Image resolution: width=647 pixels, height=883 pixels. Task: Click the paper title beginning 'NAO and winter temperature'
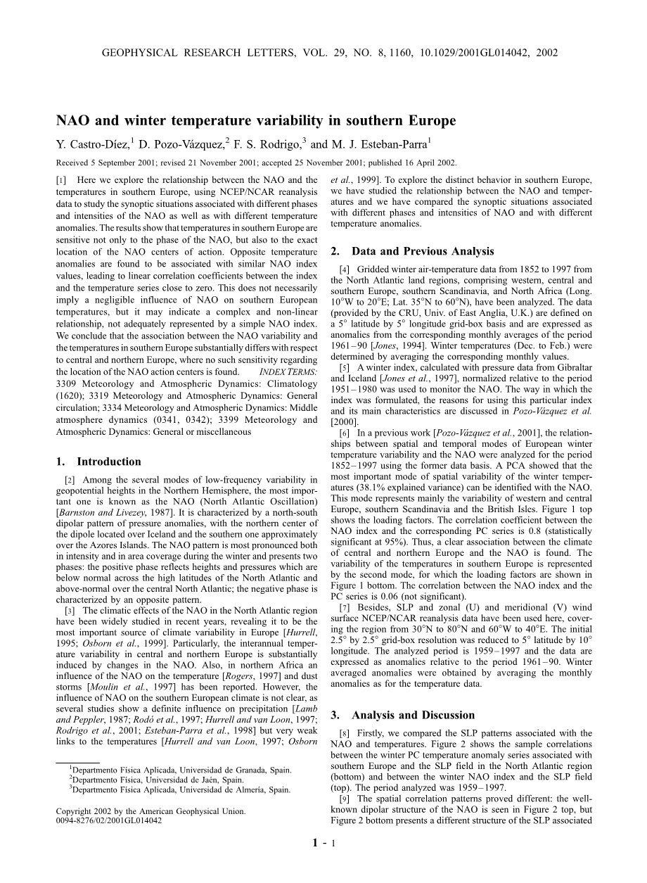(x=256, y=121)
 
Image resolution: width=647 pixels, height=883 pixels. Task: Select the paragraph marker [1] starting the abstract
(x=61, y=181)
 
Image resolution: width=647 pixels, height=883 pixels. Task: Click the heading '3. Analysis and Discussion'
(x=403, y=716)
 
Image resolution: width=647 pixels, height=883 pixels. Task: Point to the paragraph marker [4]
(x=343, y=269)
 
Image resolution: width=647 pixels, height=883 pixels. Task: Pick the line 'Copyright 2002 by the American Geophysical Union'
(x=150, y=811)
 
